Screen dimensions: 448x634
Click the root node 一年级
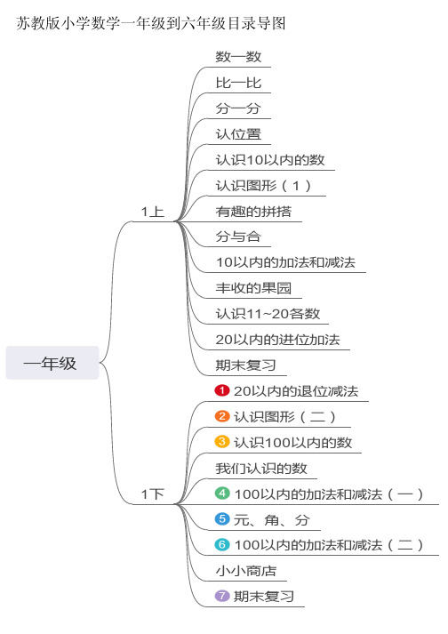(x=52, y=363)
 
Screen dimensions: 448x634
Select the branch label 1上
(x=152, y=212)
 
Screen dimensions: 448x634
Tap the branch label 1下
(x=152, y=494)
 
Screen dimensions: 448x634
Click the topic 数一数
(x=238, y=57)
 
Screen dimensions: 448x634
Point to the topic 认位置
(x=238, y=134)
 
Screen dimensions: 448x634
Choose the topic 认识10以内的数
(x=270, y=160)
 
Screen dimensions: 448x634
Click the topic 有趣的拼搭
(x=253, y=211)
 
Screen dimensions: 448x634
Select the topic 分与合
(x=238, y=237)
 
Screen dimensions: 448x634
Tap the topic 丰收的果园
(x=253, y=288)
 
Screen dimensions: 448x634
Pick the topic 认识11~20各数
(x=268, y=314)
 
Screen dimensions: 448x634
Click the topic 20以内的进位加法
(x=277, y=340)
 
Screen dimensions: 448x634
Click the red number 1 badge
(x=222, y=390)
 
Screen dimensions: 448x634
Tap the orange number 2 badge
(x=222, y=416)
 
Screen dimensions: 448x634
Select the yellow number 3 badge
(x=222, y=442)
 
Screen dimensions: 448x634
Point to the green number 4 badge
(x=222, y=494)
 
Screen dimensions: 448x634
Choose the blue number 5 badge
(x=222, y=518)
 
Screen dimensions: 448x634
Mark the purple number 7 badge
(x=222, y=596)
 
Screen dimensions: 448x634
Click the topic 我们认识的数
(x=261, y=469)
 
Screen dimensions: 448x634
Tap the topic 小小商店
(x=246, y=571)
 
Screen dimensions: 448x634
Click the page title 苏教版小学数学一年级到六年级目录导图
(x=151, y=23)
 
